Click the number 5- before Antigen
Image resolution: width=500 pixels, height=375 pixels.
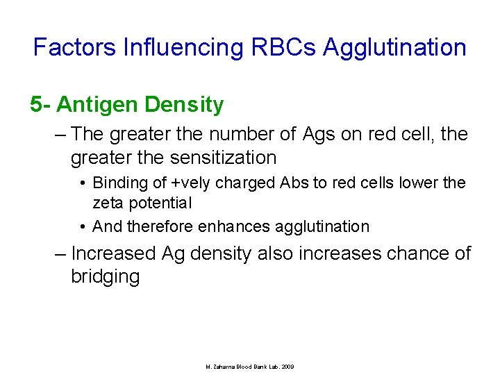(x=40, y=105)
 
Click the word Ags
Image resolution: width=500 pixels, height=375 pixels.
(x=319, y=133)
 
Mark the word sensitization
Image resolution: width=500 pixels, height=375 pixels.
(x=221, y=158)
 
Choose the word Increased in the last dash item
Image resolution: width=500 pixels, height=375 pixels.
(x=113, y=253)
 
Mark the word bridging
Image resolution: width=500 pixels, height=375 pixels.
(x=105, y=277)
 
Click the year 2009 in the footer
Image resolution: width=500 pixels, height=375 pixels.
(x=287, y=366)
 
